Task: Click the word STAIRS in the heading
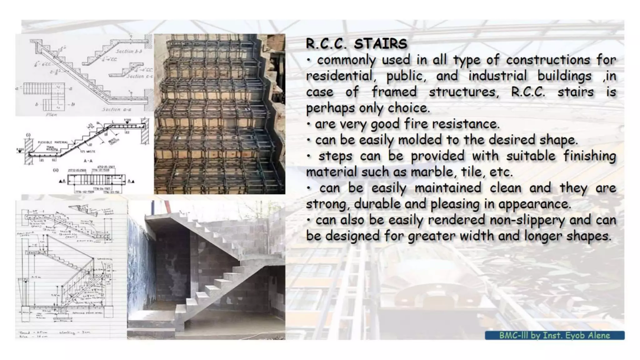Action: [380, 44]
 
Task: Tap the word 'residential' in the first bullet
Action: [339, 76]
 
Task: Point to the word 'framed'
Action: [394, 92]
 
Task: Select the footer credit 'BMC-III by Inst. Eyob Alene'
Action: [554, 335]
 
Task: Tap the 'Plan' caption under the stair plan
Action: [51, 115]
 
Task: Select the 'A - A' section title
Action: [88, 161]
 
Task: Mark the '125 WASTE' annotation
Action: [87, 152]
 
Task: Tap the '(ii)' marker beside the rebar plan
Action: [56, 170]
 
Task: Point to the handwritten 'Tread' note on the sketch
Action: [25, 332]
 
